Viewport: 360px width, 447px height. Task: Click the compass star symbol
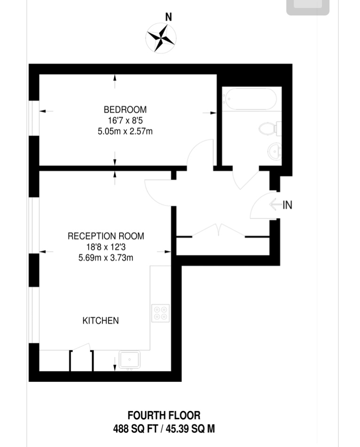(161, 38)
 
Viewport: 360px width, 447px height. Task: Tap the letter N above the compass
(169, 17)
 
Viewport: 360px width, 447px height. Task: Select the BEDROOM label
(125, 110)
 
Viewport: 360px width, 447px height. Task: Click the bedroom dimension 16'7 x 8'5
(125, 121)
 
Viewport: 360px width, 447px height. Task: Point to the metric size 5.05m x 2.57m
(125, 131)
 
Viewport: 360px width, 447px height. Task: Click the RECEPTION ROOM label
(106, 236)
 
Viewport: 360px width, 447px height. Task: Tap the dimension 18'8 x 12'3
(106, 247)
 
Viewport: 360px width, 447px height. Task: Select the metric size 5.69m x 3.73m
(106, 258)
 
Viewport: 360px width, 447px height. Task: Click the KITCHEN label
(100, 321)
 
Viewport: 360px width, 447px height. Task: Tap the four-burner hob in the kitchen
(161, 313)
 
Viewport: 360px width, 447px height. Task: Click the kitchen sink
(129, 360)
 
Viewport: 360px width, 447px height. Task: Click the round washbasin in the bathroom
(275, 152)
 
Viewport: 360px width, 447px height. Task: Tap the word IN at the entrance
(287, 205)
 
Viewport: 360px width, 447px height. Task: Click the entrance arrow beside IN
(275, 205)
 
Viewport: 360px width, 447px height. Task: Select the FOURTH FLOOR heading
(164, 415)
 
